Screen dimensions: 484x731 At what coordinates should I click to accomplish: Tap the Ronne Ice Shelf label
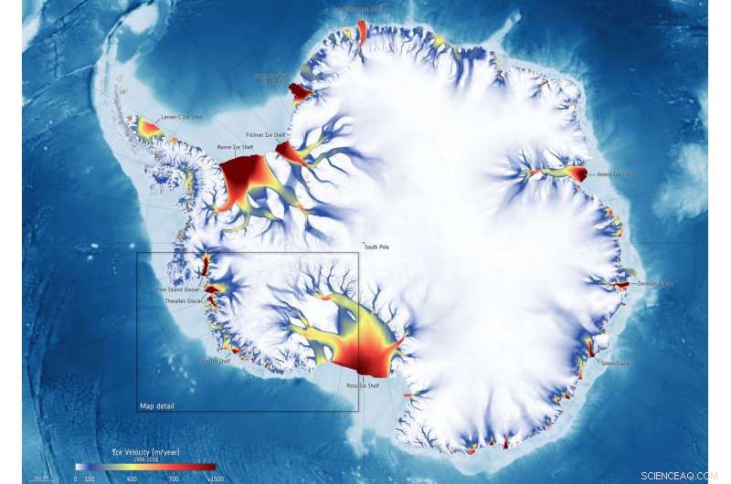[x=234, y=146]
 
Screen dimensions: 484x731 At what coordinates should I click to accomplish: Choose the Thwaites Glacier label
[x=184, y=300]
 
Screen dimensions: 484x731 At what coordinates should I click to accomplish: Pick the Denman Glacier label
[x=654, y=283]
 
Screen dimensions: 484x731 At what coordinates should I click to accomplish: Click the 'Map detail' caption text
[x=156, y=405]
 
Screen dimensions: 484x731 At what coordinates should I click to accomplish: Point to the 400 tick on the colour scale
[x=132, y=478]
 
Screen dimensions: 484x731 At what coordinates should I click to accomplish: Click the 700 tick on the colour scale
[x=173, y=478]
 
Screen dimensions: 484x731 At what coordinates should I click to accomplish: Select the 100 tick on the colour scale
[x=90, y=478]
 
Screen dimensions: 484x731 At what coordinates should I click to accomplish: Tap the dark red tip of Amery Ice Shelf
[x=578, y=173]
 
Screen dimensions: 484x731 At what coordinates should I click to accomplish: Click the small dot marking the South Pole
[x=364, y=241]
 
